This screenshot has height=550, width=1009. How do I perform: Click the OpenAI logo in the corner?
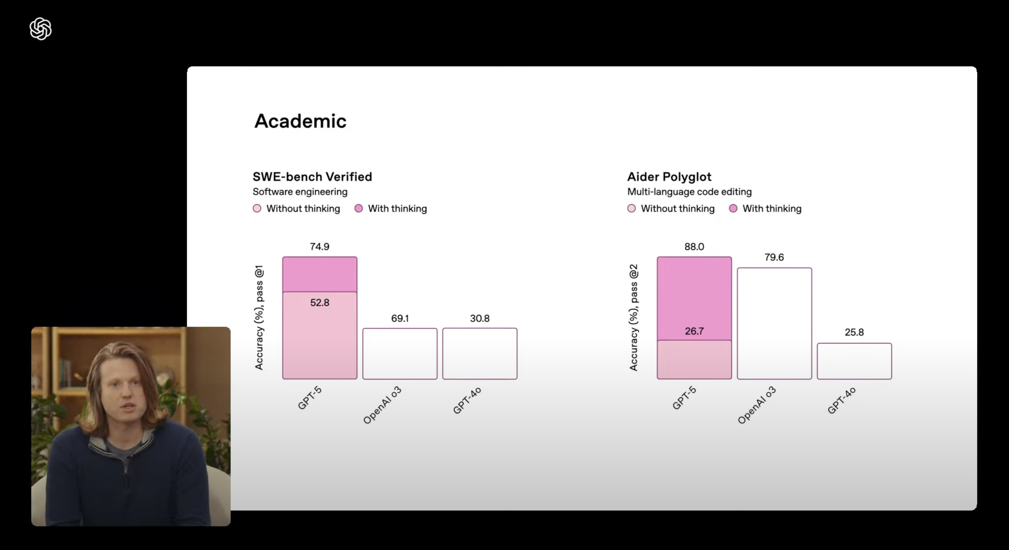pos(40,29)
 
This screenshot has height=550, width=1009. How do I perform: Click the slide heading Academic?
pos(300,121)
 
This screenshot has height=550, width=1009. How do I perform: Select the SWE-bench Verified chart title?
pos(312,177)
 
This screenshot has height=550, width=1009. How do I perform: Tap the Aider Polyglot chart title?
pos(669,177)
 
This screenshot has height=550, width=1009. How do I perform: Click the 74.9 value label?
pos(320,247)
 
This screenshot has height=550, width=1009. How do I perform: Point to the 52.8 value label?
pos(320,302)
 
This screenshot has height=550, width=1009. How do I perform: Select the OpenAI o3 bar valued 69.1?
pos(400,354)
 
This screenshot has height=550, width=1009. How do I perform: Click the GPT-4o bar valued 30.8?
pos(480,354)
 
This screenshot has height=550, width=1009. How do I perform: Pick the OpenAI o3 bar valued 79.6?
pos(774,324)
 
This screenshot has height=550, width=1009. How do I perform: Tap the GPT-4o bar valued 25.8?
pos(854,361)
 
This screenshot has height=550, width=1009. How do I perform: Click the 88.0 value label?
pos(694,247)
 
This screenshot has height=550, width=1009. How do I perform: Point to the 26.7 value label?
pos(694,331)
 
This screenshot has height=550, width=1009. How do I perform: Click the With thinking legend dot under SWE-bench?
pos(358,208)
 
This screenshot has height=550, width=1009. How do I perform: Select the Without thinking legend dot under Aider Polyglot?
pos(632,208)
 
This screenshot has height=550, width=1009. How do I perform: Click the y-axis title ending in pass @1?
pos(259,318)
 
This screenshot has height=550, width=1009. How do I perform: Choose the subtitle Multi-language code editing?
pos(689,192)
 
